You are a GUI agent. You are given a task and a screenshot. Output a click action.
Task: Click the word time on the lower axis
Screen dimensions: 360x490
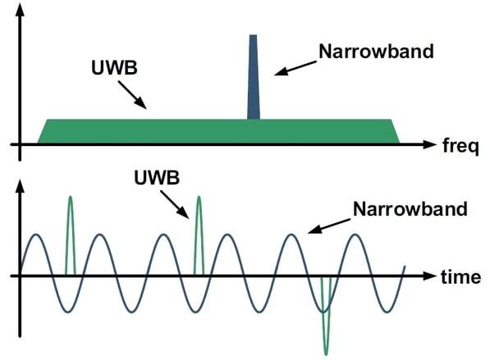pyautogui.click(x=460, y=277)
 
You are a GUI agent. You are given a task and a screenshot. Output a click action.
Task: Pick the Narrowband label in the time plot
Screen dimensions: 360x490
pyautogui.click(x=410, y=209)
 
